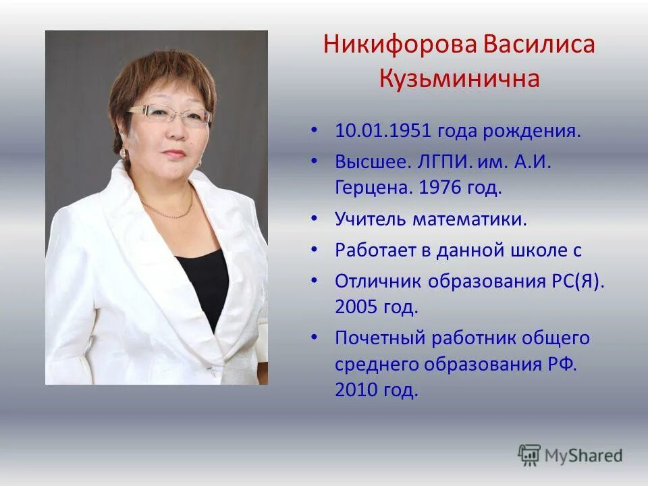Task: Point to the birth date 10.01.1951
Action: (x=383, y=130)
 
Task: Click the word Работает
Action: (x=375, y=250)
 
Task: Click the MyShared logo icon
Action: (x=530, y=456)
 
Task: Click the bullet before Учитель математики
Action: (x=315, y=219)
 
